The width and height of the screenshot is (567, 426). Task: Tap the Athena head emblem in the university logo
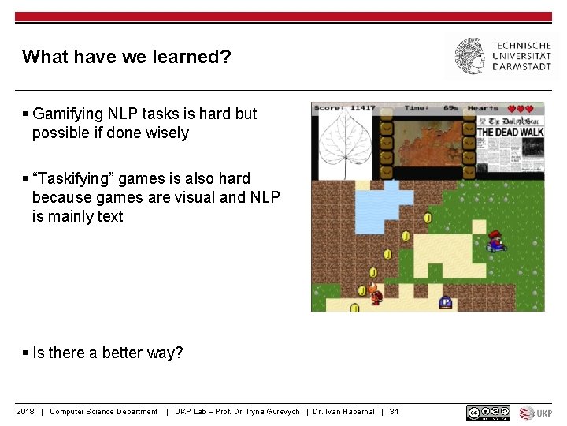(x=469, y=56)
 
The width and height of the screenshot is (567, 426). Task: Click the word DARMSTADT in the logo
(x=522, y=67)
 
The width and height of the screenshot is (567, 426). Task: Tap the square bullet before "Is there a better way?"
(x=26, y=353)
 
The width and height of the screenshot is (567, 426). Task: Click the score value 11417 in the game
(x=362, y=108)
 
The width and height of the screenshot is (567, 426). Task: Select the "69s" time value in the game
(x=450, y=108)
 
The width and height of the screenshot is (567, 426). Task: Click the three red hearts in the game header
(x=521, y=108)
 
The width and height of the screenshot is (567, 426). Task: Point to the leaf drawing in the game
(x=344, y=144)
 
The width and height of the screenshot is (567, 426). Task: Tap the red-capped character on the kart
(x=495, y=241)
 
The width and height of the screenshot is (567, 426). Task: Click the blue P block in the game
(x=446, y=301)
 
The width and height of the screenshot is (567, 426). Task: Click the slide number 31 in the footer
(x=394, y=412)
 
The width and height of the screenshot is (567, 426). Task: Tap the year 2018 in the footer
(x=25, y=412)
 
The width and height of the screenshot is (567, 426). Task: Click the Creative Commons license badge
(x=487, y=413)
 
